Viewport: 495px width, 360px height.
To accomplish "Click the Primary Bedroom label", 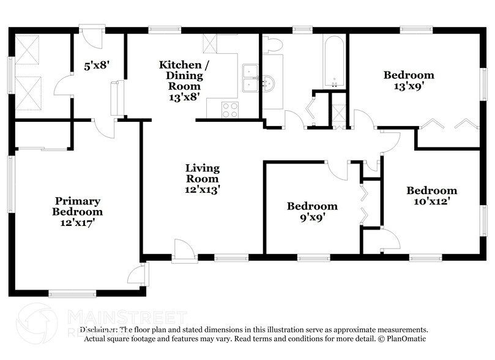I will click(78, 212).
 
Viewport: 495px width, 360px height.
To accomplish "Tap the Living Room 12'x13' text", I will click(203, 178).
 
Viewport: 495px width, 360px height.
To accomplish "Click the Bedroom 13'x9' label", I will click(409, 80).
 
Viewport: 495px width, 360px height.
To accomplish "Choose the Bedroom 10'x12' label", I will click(431, 195).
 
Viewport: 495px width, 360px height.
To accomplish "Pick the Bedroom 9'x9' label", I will click(312, 211).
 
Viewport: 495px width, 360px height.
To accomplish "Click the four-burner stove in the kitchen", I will click(229, 110).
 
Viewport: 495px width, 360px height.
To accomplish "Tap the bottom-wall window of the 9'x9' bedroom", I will click(314, 258).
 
